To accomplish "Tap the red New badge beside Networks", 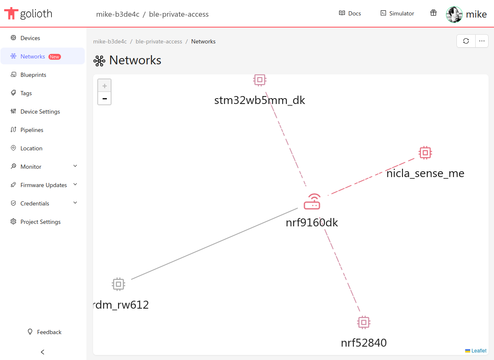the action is pyautogui.click(x=55, y=57).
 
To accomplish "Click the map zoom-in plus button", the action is pyautogui.click(x=104, y=86).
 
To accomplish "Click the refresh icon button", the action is pyautogui.click(x=466, y=41).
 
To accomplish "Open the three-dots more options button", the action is pyautogui.click(x=482, y=41).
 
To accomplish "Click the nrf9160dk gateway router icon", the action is pyautogui.click(x=312, y=202).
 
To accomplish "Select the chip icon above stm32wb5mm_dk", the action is pyautogui.click(x=260, y=80).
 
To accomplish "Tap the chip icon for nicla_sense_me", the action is pyautogui.click(x=426, y=153).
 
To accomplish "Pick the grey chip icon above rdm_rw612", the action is pyautogui.click(x=119, y=284).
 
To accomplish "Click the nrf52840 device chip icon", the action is pyautogui.click(x=364, y=322).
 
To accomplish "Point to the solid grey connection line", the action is pyautogui.click(x=214, y=244).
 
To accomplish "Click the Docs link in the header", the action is pyautogui.click(x=350, y=13).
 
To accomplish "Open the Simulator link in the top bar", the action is pyautogui.click(x=397, y=13).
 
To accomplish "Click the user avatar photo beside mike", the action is pyautogui.click(x=454, y=15).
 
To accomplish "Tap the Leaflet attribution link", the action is pyautogui.click(x=479, y=351).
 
